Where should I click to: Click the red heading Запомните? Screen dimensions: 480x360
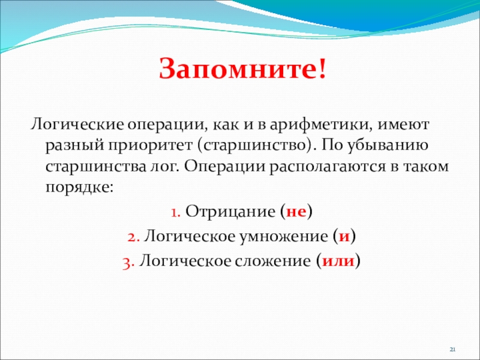pos(242,68)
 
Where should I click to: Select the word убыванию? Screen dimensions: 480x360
pos(387,146)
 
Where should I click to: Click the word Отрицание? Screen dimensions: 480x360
pos(230,212)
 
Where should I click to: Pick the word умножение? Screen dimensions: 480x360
pos(283,236)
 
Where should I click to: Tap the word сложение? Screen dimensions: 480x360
pos(273,261)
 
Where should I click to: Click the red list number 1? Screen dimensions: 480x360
pos(175,212)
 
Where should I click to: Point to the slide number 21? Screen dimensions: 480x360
pos(453,349)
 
